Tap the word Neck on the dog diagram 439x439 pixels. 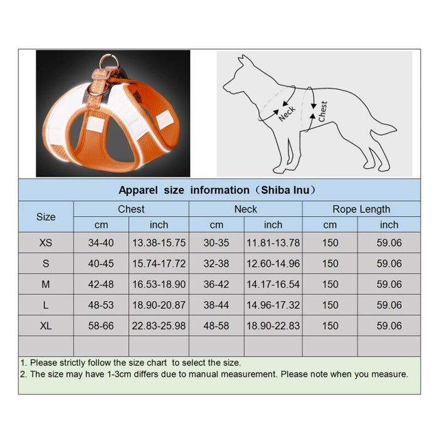click(287, 113)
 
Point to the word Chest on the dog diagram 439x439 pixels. click(322, 111)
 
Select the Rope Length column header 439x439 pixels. click(361, 209)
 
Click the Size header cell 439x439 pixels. click(46, 217)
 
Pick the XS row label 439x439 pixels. click(46, 243)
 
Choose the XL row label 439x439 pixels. click(46, 326)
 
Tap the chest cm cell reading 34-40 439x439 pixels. click(100, 243)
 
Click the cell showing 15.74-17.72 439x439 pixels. click(159, 264)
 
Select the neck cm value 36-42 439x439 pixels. click(216, 285)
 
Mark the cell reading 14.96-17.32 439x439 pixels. click(273, 305)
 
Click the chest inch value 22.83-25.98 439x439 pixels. click(159, 326)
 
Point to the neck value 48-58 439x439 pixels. click(216, 326)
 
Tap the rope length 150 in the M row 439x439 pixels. click(330, 285)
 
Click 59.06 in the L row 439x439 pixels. click(389, 305)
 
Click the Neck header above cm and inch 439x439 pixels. click(245, 209)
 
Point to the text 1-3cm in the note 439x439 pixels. click(115, 374)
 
